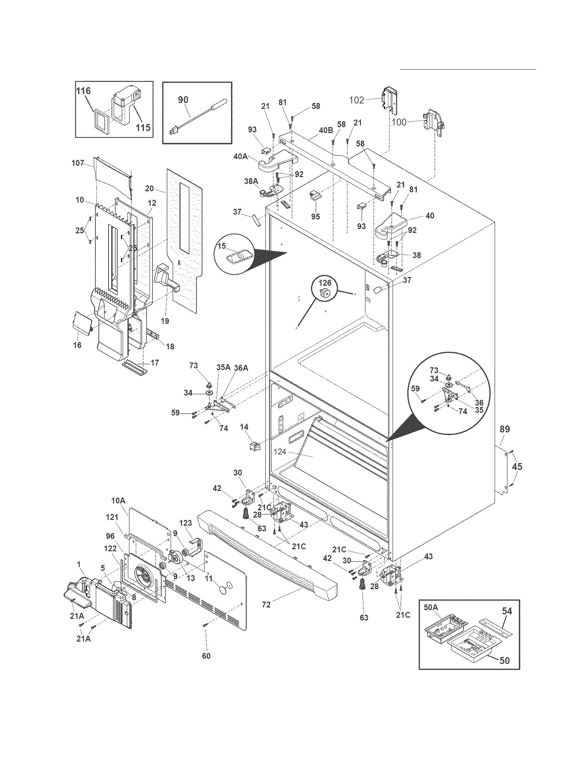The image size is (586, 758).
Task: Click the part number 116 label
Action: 83,91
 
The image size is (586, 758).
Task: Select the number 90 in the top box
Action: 183,100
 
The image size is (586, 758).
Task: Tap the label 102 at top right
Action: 356,100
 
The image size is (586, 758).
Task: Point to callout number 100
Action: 399,122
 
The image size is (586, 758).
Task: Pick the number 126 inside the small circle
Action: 325,283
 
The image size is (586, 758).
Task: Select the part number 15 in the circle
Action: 222,246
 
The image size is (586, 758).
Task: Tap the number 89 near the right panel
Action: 504,429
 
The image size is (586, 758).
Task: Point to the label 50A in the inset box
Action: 431,607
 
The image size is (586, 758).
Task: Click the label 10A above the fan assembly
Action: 118,501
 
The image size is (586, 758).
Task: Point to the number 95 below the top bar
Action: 315,217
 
